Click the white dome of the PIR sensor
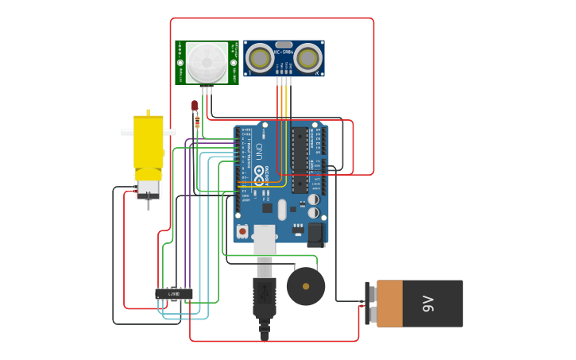point(207,61)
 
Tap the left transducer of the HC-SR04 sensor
point(259,58)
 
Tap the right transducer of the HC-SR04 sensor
point(308,58)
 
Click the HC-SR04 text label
point(284,52)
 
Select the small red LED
point(195,105)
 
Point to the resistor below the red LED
point(197,122)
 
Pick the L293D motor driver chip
point(173,294)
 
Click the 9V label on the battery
point(427,304)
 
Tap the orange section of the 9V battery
point(389,304)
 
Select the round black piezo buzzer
point(306,286)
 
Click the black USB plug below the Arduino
point(265,298)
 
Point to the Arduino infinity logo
point(259,172)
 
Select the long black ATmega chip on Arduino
point(300,160)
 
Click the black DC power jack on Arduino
point(315,233)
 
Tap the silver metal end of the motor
point(148,190)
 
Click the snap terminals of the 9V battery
point(369,304)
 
